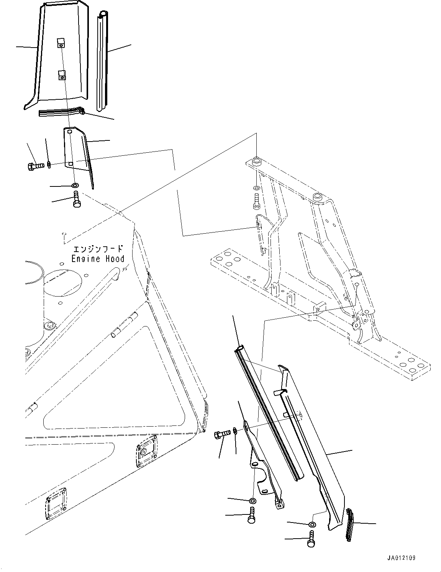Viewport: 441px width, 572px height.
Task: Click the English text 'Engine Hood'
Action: [98, 259]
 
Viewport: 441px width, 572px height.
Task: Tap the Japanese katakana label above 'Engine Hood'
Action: [98, 248]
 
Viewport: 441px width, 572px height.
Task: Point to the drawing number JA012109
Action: [401, 558]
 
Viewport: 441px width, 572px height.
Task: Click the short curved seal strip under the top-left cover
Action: [61, 112]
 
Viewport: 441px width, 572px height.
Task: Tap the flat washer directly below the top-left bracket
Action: [75, 186]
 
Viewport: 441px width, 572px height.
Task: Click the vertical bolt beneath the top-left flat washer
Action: [76, 200]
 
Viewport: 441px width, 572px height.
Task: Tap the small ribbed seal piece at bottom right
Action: [350, 524]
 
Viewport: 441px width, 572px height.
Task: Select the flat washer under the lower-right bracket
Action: [252, 501]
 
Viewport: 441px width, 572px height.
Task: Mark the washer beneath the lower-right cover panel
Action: [312, 524]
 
